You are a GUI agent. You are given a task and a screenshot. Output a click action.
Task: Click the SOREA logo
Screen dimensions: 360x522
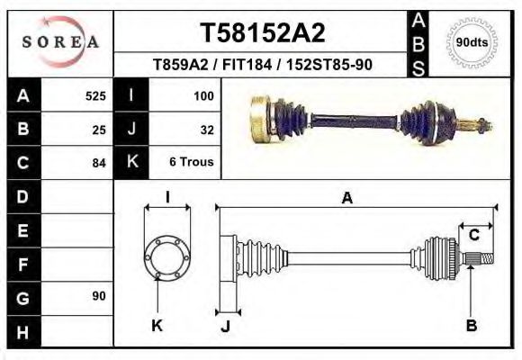[61, 42]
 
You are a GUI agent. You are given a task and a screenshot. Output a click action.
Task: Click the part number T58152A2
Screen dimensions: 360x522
[261, 33]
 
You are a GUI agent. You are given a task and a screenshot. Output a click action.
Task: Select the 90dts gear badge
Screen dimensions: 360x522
[472, 42]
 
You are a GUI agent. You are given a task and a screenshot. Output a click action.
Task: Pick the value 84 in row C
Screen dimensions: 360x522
[99, 163]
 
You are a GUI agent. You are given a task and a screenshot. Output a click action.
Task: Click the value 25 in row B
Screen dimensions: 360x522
[99, 130]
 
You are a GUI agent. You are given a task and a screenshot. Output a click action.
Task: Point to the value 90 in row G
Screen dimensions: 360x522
[99, 296]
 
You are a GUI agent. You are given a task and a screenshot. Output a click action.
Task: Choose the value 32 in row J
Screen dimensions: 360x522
[206, 130]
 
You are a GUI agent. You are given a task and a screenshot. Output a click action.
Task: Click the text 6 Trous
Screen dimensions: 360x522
[191, 163]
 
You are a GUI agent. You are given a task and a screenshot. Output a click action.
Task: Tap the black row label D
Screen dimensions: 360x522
[23, 196]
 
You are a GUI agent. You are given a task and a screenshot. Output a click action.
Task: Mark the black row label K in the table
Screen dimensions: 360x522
[131, 163]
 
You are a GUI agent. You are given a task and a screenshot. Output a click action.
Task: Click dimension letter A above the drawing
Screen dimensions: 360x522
[346, 199]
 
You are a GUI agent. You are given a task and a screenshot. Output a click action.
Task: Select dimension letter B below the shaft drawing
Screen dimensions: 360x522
[471, 326]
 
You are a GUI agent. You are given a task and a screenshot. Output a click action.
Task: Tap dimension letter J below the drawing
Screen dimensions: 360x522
[225, 326]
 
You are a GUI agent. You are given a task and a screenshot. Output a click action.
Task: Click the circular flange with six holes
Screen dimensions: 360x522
[166, 258]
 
